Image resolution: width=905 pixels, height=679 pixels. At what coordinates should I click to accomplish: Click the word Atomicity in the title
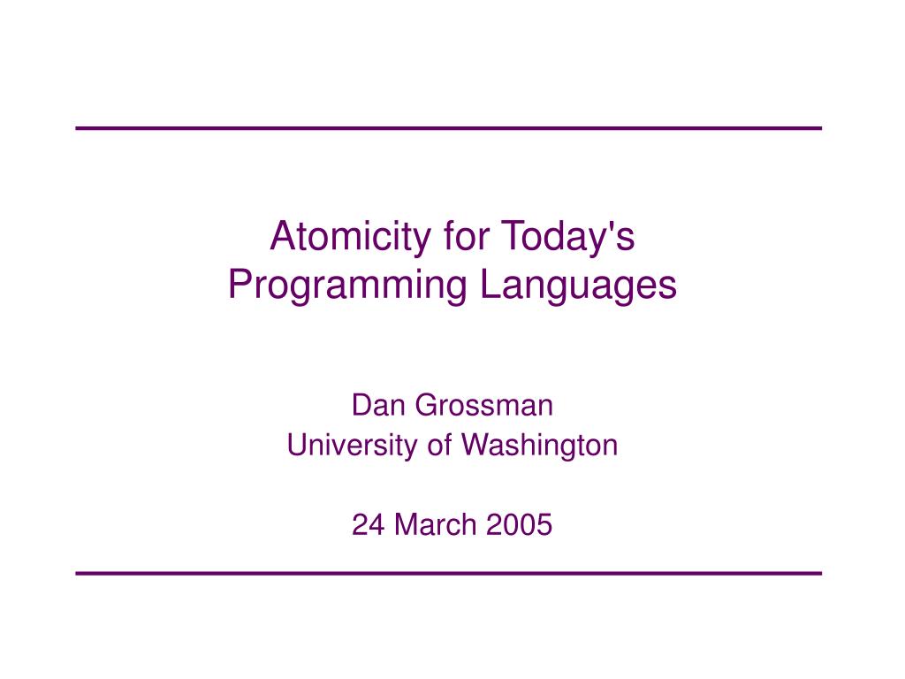(x=335, y=236)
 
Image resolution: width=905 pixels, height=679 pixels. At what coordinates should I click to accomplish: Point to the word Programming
(x=347, y=285)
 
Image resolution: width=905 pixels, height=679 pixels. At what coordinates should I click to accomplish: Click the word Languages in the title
(x=579, y=285)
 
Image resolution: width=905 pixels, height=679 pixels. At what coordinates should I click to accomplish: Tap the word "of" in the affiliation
(x=439, y=446)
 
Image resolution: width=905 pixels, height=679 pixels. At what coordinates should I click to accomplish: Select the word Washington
(x=540, y=446)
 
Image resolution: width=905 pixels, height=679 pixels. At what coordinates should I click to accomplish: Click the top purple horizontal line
(x=449, y=129)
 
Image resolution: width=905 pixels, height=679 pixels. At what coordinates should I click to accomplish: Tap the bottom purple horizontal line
(x=449, y=574)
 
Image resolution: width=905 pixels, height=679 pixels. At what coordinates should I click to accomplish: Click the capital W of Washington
(x=475, y=446)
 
